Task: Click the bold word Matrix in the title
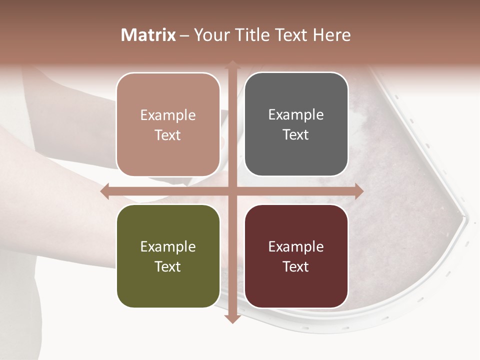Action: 148,35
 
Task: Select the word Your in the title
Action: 209,35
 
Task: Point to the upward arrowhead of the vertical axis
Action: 232,65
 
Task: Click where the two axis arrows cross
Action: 232,191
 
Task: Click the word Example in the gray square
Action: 296,114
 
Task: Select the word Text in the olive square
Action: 168,266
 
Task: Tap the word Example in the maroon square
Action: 296,246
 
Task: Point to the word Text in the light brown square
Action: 168,135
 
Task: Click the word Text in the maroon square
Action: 296,266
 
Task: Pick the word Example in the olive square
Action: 168,246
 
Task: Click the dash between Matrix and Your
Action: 184,35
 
